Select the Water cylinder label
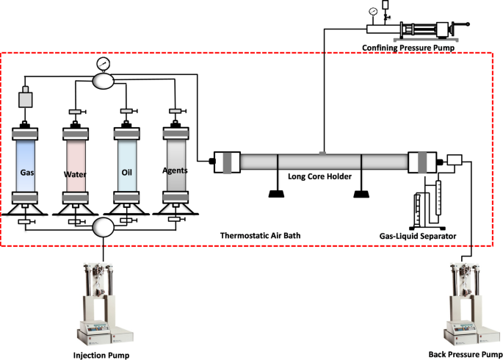75,175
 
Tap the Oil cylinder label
126,174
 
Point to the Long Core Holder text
319,177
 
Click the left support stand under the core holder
277,195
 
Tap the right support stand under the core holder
362,195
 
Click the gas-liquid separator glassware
426,202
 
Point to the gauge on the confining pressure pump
374,11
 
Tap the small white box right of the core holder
452,160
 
